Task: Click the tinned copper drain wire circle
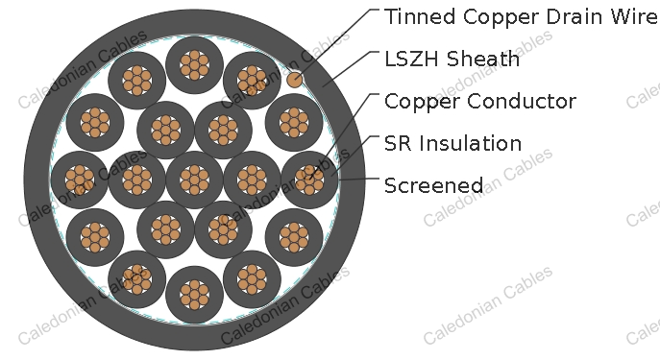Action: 295,80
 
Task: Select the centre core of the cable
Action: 194,180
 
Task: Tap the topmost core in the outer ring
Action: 194,64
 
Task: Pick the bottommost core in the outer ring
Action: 194,295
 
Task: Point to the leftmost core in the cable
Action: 80,180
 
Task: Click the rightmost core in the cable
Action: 309,180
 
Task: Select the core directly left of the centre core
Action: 136,180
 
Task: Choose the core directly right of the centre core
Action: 252,180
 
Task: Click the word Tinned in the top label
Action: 415,17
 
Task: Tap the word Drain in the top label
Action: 553,17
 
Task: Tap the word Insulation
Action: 470,144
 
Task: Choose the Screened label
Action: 433,186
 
